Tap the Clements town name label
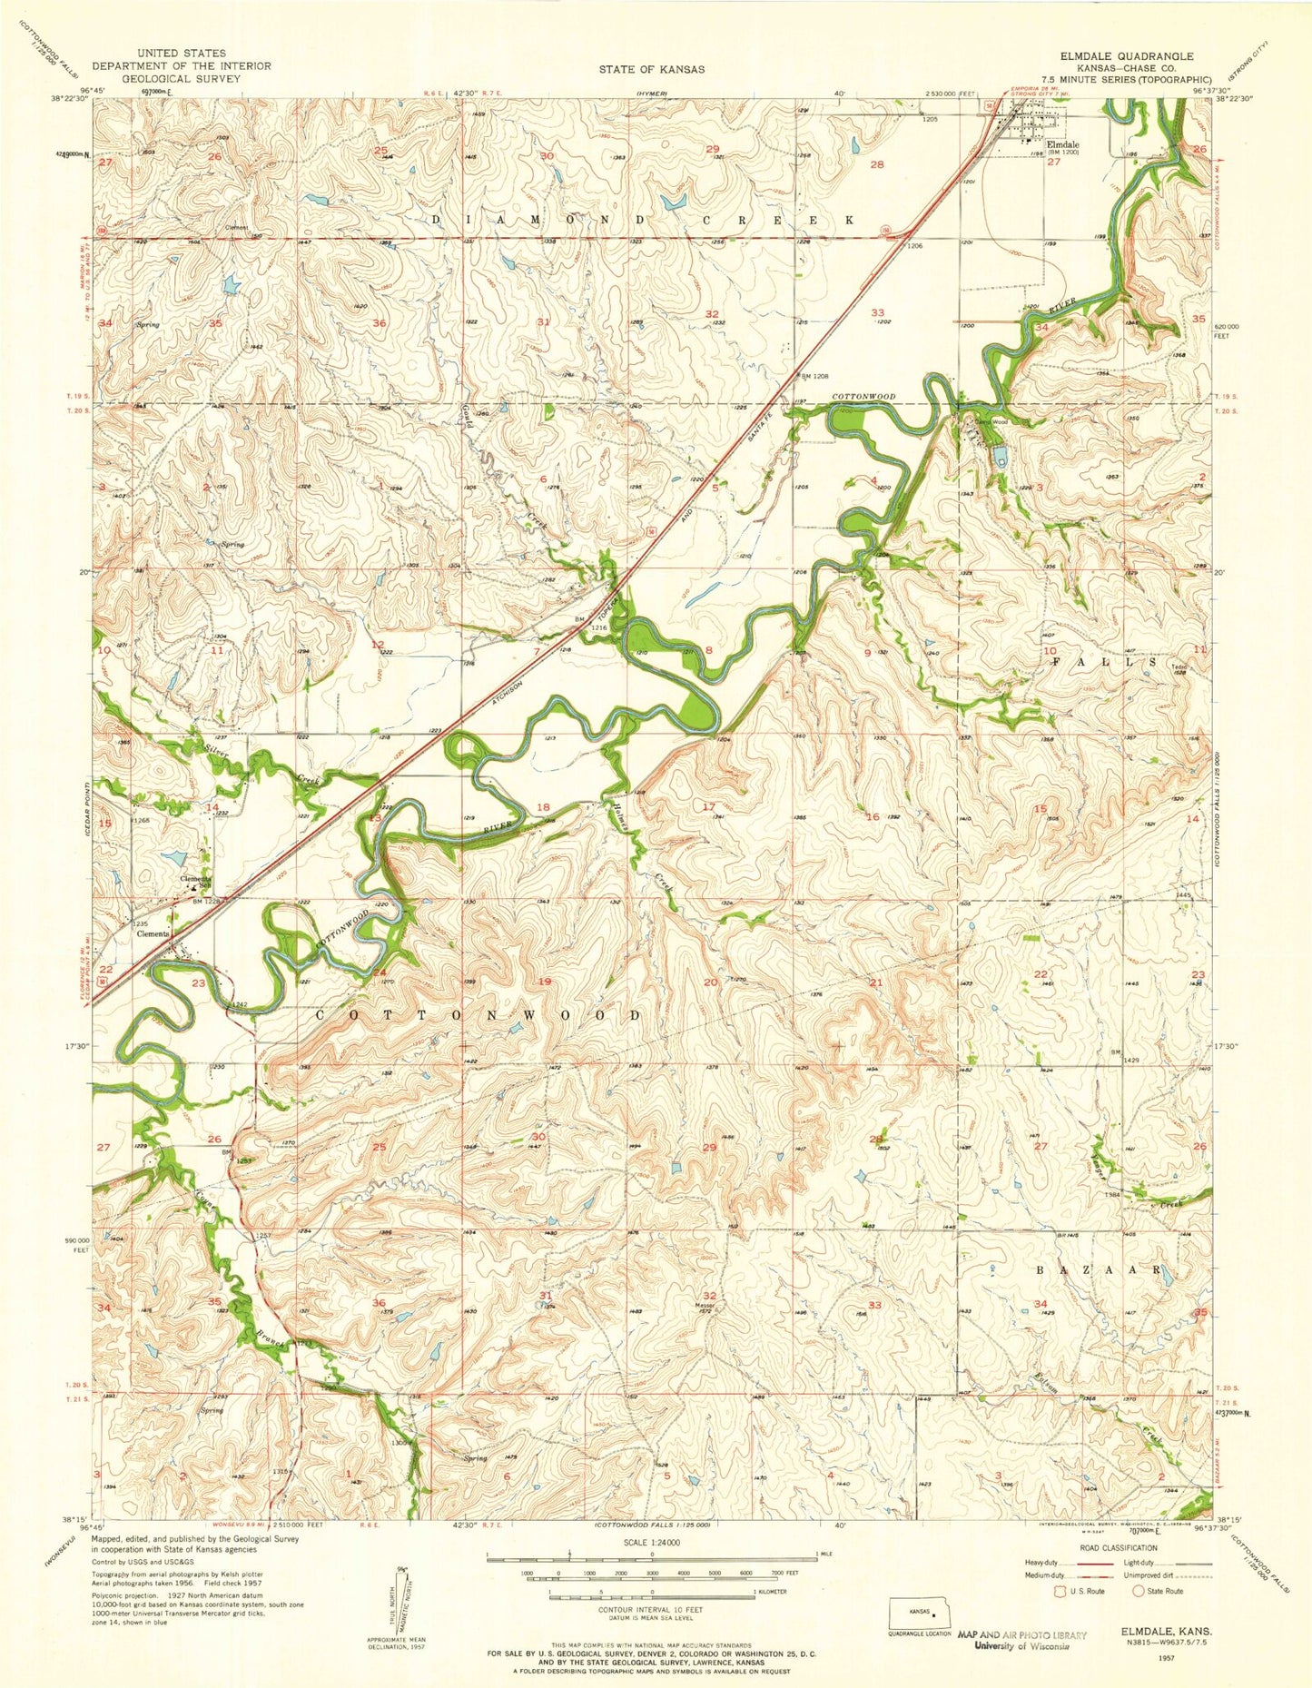(x=153, y=934)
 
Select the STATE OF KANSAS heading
(x=652, y=69)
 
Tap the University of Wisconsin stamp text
(x=1021, y=1645)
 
